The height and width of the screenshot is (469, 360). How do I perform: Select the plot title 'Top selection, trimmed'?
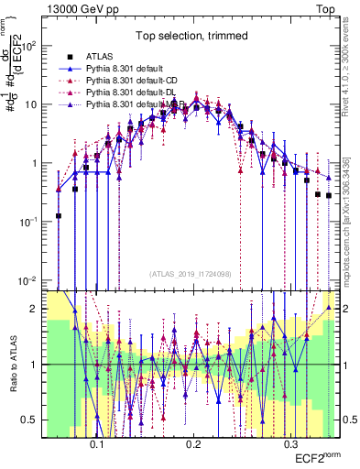(x=187, y=37)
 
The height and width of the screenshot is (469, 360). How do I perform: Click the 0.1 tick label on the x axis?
(x=96, y=441)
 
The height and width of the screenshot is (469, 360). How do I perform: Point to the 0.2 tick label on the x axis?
(x=193, y=441)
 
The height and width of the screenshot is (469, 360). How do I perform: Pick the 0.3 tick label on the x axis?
(x=290, y=441)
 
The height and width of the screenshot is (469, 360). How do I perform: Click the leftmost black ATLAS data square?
(x=59, y=216)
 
